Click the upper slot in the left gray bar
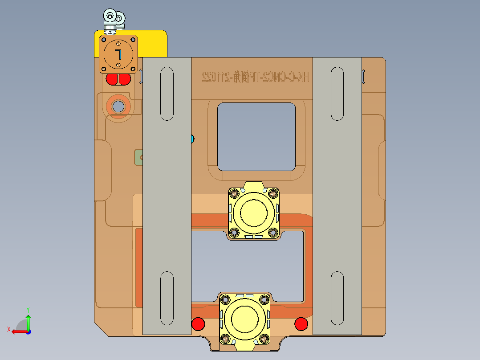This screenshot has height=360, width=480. coord(167,94)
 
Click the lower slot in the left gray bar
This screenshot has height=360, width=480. coord(167,298)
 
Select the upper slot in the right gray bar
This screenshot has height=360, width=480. coord(338,94)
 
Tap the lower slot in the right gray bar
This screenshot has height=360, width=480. coord(338,298)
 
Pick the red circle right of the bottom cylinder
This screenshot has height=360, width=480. coord(301,324)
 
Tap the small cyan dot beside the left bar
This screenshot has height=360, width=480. coord(192,139)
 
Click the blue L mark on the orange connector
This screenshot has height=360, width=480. coord(118,54)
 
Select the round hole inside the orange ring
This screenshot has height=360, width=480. coord(118,106)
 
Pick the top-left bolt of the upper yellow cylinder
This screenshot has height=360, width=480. coord(234,194)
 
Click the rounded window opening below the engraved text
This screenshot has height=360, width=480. coord(256,136)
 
